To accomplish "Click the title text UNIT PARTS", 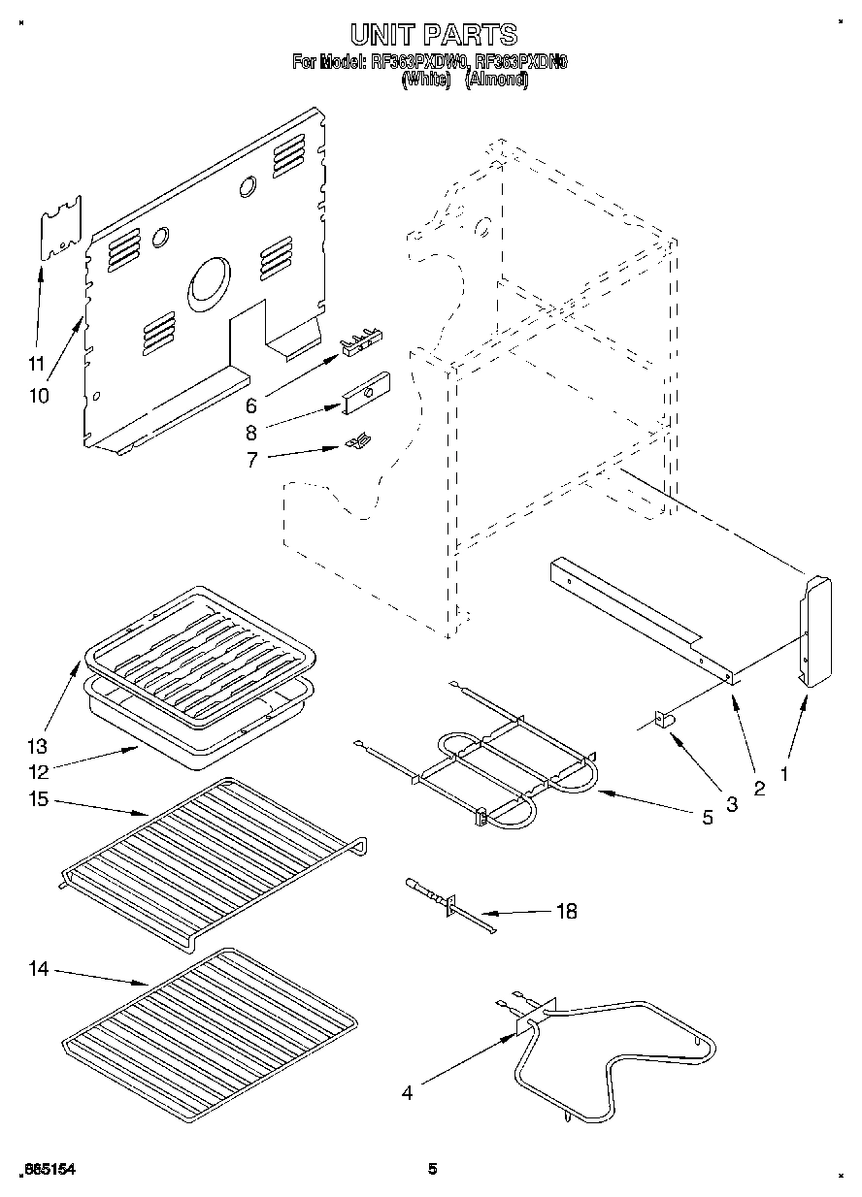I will pyautogui.click(x=433, y=35).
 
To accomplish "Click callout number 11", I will pyautogui.click(x=36, y=364).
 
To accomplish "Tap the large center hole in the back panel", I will pyautogui.click(x=210, y=281).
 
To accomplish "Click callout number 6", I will pyautogui.click(x=251, y=405).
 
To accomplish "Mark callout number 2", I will pyautogui.click(x=758, y=788).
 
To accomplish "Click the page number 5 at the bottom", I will pyautogui.click(x=433, y=1170).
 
